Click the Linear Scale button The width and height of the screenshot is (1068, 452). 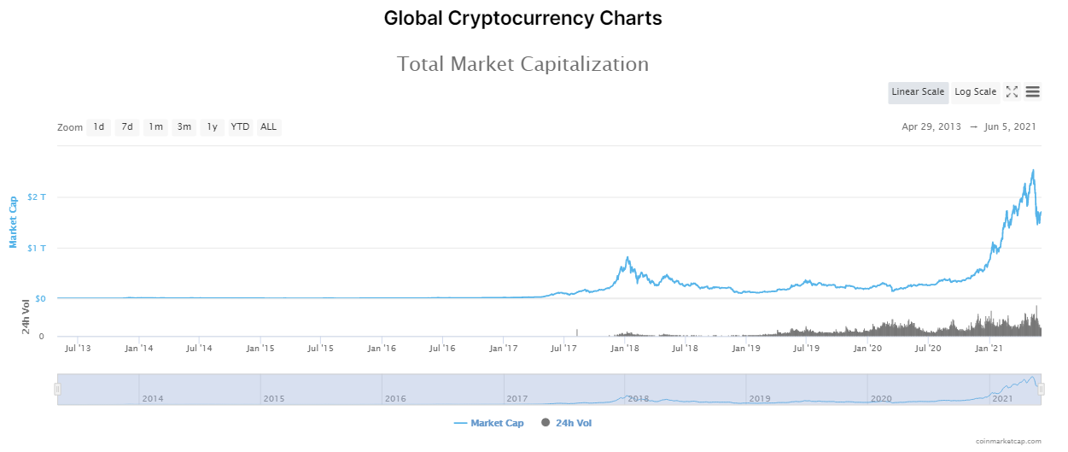coord(918,92)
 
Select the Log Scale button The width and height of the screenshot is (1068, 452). coord(975,92)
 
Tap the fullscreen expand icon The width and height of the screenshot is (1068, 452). coord(1012,92)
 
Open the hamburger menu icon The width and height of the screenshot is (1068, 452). coord(1032,92)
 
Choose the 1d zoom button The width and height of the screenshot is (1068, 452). coord(99,127)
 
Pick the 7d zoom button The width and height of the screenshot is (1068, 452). coord(127,127)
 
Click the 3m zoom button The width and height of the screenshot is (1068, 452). coord(184,127)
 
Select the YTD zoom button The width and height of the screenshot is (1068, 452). coord(241,127)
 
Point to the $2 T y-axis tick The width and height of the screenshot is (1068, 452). coord(37,197)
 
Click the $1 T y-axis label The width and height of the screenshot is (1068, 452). coord(37,248)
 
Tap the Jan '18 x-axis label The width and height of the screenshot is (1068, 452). coord(625,349)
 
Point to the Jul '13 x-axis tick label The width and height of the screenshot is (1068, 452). coord(78,349)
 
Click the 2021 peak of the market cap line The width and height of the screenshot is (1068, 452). coord(1033,170)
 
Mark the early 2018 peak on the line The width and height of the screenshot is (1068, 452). coord(627,256)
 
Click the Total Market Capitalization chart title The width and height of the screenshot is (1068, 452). coord(522,64)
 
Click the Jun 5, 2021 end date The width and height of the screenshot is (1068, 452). coord(1010,127)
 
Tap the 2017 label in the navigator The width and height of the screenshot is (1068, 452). coord(516,399)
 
